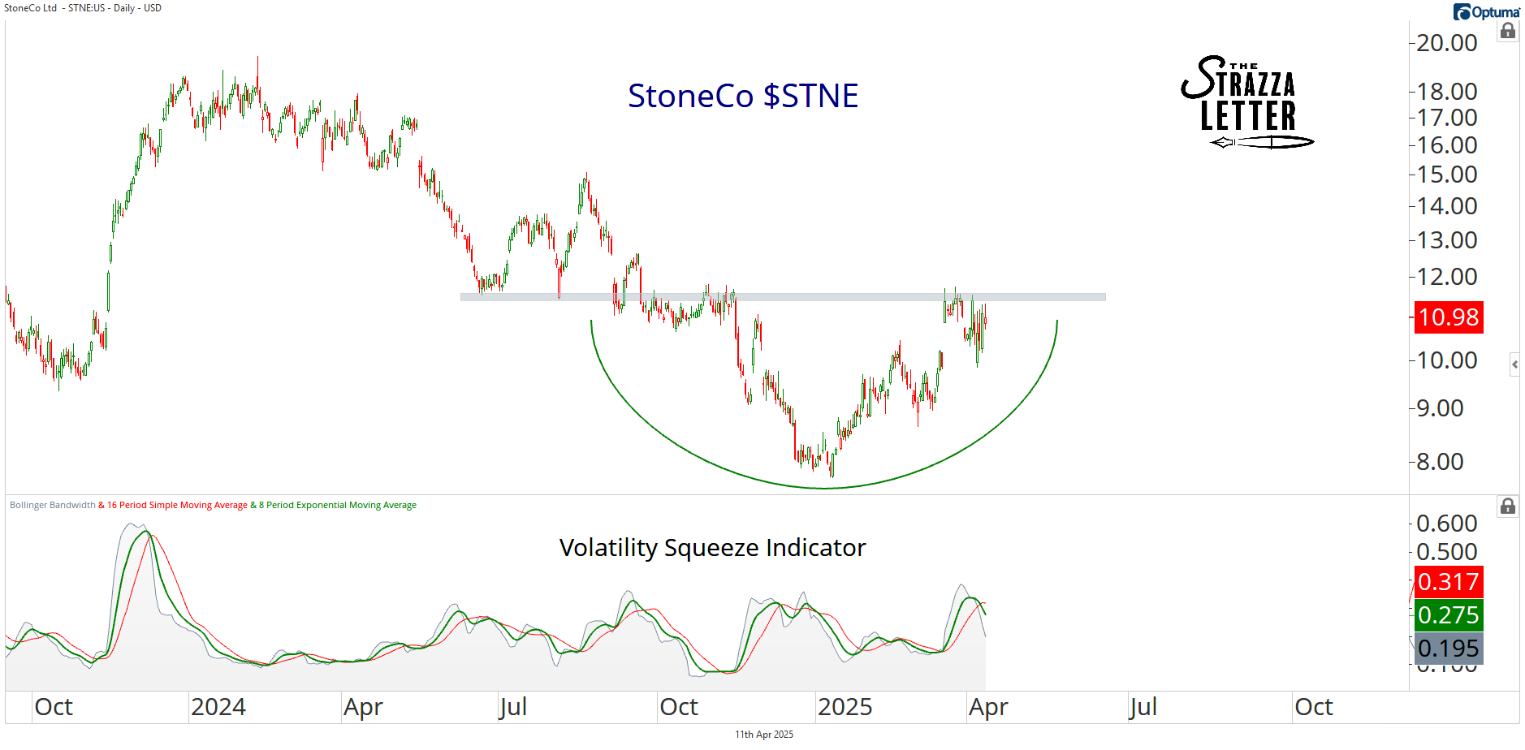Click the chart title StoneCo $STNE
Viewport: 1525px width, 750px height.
(x=742, y=96)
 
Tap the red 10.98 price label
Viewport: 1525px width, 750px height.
(x=1449, y=317)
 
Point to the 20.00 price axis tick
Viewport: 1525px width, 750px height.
(x=1446, y=43)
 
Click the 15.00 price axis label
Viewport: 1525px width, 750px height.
(x=1446, y=175)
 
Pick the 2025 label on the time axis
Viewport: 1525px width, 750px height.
(x=845, y=707)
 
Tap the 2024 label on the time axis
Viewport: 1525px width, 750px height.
(x=218, y=707)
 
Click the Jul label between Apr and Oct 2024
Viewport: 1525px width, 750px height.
(x=513, y=707)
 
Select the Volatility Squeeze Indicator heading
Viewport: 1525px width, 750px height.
(x=712, y=548)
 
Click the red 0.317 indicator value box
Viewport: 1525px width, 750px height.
(x=1449, y=582)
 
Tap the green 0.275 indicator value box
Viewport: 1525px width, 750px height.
(x=1449, y=615)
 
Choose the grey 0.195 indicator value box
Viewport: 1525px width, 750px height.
(x=1449, y=649)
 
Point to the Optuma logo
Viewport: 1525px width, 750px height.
(x=1486, y=12)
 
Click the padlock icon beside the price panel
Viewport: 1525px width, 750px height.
(x=1508, y=32)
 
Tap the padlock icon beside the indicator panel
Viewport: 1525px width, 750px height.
(x=1508, y=506)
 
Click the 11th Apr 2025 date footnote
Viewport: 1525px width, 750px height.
(x=763, y=735)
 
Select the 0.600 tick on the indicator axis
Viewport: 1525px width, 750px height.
(x=1446, y=524)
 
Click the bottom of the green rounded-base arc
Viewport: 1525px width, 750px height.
(x=824, y=488)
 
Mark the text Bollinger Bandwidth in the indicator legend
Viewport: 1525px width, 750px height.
(x=53, y=505)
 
